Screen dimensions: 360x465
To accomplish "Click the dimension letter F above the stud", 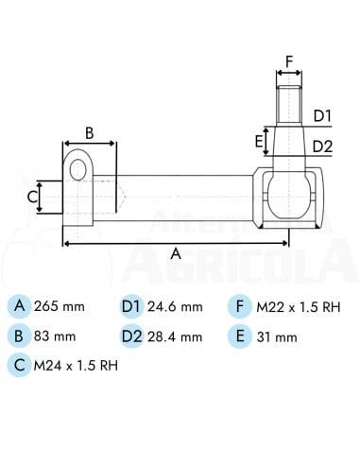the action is (289, 61).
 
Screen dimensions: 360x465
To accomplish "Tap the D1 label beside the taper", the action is (322, 116).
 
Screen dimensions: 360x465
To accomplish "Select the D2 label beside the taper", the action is (322, 146).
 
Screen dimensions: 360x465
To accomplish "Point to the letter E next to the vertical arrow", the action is (259, 142).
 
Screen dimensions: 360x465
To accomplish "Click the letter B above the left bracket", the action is (90, 133).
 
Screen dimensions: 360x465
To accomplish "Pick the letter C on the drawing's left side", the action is (32, 198).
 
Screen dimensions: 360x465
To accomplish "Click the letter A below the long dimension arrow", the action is (176, 253).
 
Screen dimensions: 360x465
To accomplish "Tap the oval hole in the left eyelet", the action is (78, 169).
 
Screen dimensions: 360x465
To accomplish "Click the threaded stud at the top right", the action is (289, 105).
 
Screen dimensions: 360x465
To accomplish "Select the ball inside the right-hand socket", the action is (289, 196).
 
